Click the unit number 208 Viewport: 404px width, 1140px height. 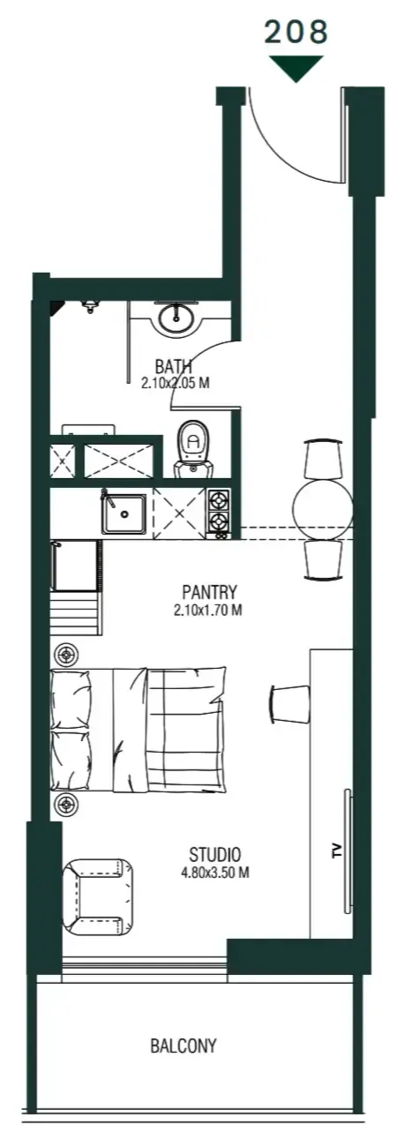coord(296,32)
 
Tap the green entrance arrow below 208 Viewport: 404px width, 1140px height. coord(296,68)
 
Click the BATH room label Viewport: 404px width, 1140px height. coord(174,366)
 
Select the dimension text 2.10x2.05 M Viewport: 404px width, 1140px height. coord(175,383)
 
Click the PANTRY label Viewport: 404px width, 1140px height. coord(209,592)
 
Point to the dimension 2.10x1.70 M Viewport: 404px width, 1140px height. coord(207,610)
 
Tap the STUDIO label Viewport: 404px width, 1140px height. coord(214,854)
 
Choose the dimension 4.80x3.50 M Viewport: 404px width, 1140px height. coord(214,873)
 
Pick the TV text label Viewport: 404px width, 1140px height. coord(336,850)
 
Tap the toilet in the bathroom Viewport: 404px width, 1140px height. coord(192,448)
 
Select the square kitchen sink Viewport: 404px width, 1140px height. coord(123,513)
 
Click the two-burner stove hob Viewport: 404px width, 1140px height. coord(219,514)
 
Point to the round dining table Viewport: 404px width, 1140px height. coord(323,509)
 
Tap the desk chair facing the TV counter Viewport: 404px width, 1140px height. coord(289,703)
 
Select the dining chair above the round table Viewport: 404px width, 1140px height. coord(323,459)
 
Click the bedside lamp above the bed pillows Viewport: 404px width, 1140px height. coord(66,656)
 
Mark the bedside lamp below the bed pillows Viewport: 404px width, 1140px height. coord(66,805)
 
